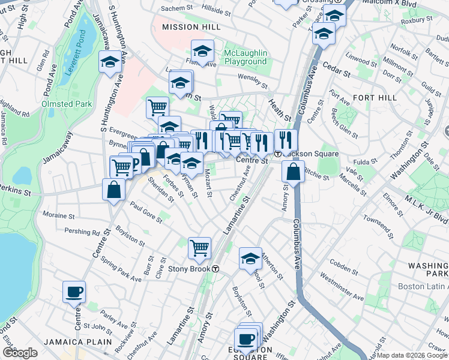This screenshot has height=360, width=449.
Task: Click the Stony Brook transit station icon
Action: pos(215,269)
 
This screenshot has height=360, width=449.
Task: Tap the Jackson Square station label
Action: pos(313,154)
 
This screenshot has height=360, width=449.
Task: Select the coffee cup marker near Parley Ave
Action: pos(74,292)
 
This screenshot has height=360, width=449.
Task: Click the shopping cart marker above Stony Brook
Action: pos(199,247)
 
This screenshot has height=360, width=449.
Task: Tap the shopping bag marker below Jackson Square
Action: pos(293,172)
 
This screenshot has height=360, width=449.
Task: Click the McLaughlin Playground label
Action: pos(245,58)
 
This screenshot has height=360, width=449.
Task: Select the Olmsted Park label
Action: pos(67,104)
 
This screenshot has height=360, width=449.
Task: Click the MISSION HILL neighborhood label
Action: pos(185,27)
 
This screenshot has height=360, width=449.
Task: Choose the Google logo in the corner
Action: pos(20,353)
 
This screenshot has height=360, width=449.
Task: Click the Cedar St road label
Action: pos(337,73)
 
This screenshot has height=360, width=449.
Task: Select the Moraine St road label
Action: pos(58,215)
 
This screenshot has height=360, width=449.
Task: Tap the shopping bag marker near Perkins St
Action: pos(114,191)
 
